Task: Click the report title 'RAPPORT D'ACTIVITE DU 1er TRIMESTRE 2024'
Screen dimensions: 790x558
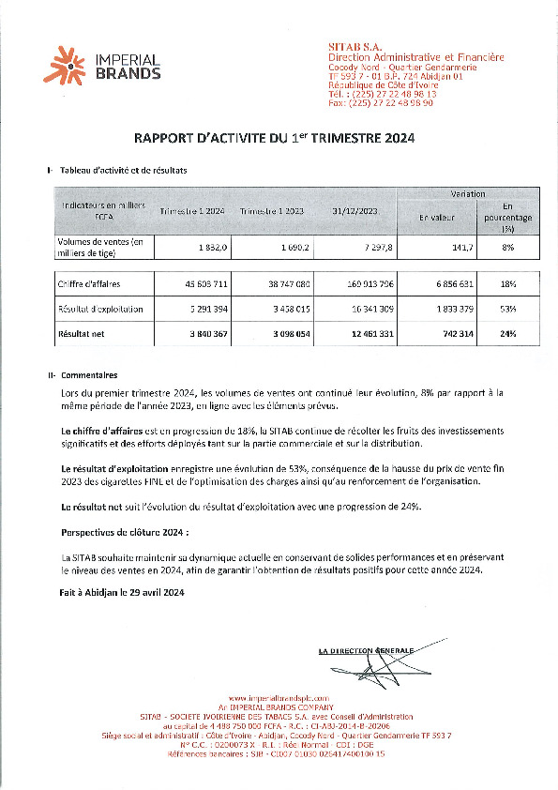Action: tap(275, 137)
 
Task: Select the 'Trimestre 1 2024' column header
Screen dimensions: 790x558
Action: tap(192, 213)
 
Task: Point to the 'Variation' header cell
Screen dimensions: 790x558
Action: tap(467, 193)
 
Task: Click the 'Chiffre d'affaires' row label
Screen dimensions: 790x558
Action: tap(89, 282)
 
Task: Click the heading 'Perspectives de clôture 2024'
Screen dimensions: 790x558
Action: tap(121, 531)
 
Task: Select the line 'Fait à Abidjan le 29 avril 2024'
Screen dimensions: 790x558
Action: tap(121, 593)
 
